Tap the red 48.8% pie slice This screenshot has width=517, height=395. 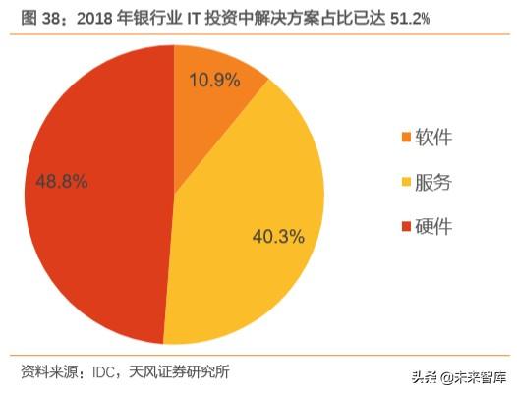[98, 197]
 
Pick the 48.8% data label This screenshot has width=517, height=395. [62, 182]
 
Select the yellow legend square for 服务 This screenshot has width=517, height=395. [406, 183]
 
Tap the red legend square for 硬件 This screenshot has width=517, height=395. [406, 228]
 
